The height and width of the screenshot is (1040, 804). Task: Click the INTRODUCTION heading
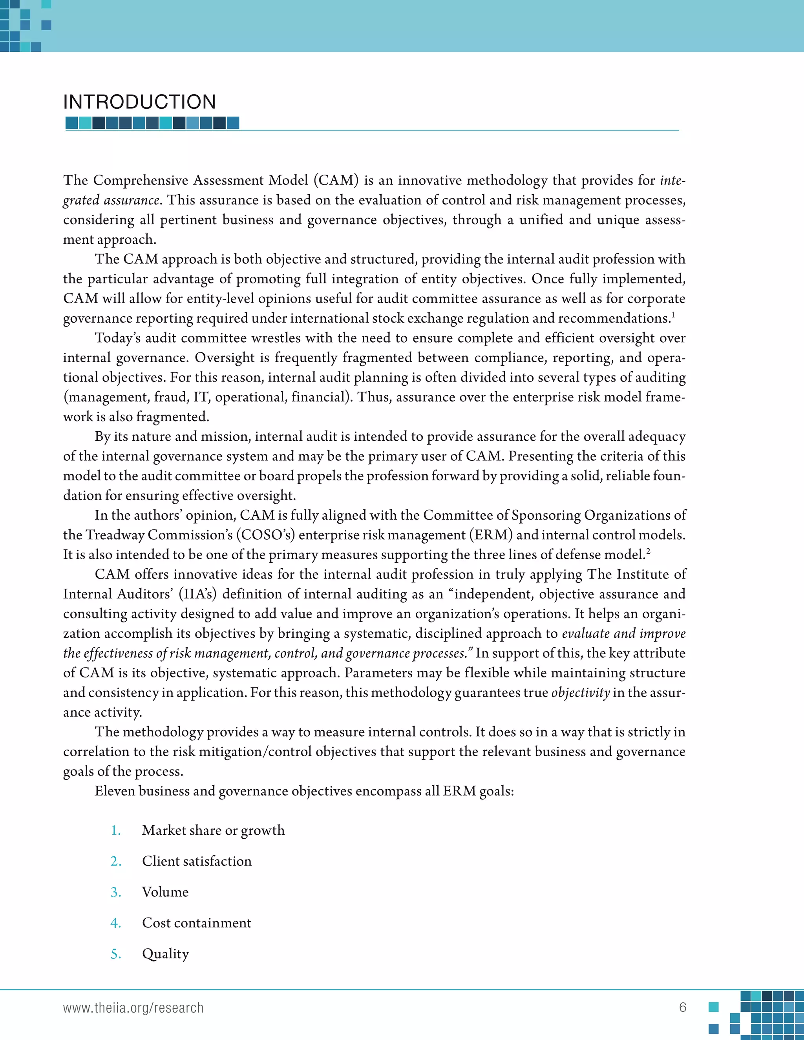(x=139, y=102)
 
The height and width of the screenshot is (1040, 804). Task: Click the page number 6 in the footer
(x=683, y=1007)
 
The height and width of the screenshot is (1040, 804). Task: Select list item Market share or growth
(x=213, y=830)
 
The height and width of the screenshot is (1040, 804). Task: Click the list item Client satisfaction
(x=196, y=861)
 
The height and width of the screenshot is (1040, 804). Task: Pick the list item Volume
(x=165, y=892)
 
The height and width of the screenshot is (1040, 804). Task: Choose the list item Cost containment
(x=196, y=923)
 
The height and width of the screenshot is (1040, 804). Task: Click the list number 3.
(x=115, y=892)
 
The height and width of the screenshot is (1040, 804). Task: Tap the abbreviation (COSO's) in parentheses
(x=265, y=535)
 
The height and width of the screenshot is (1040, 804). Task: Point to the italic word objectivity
(x=580, y=692)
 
